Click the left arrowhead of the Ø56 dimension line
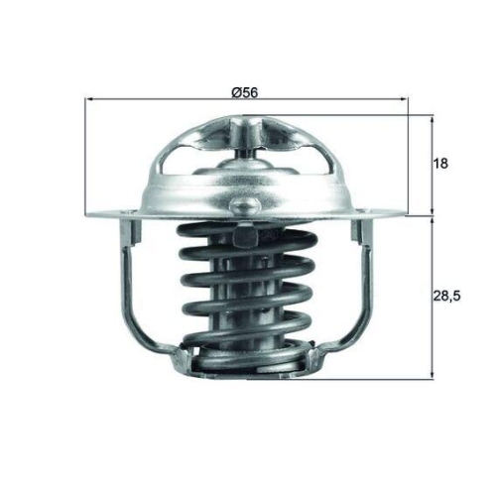(91, 100)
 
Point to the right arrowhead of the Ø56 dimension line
(404, 100)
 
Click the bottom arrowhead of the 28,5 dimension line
(434, 373)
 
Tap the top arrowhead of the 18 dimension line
(434, 119)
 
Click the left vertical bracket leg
(130, 283)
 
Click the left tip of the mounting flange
(91, 213)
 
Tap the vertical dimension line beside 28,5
(434, 298)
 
